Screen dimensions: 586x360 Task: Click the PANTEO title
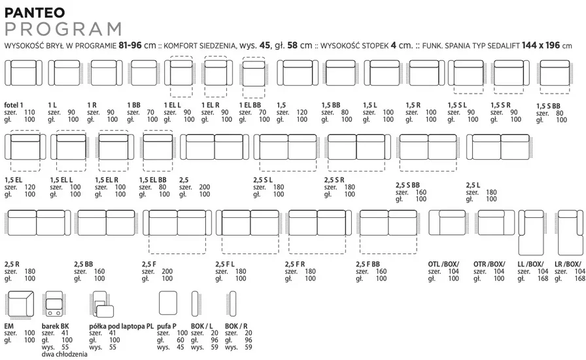(35, 12)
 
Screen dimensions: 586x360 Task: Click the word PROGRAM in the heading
(63, 29)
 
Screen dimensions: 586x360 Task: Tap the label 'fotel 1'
(14, 105)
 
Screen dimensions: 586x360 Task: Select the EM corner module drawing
(20, 304)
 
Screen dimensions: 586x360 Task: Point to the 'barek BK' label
(56, 326)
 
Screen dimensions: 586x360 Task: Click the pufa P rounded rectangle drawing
(168, 303)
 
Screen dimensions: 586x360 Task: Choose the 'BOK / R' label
(236, 326)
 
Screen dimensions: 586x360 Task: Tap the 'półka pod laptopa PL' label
(122, 327)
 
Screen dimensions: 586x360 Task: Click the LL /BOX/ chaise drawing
(530, 233)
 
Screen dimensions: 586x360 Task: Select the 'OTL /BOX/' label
(443, 264)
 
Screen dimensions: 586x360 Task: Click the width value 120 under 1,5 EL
(29, 187)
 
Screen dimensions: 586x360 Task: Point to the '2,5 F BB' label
(368, 264)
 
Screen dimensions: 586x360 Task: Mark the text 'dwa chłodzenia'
(64, 354)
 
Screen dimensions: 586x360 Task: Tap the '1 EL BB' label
(250, 105)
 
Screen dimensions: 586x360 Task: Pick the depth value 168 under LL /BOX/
(543, 278)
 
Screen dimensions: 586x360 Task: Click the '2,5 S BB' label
(407, 185)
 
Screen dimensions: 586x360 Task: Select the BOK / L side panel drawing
(195, 304)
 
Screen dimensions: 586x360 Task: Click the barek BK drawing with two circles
(54, 304)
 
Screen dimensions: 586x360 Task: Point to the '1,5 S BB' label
(548, 106)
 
